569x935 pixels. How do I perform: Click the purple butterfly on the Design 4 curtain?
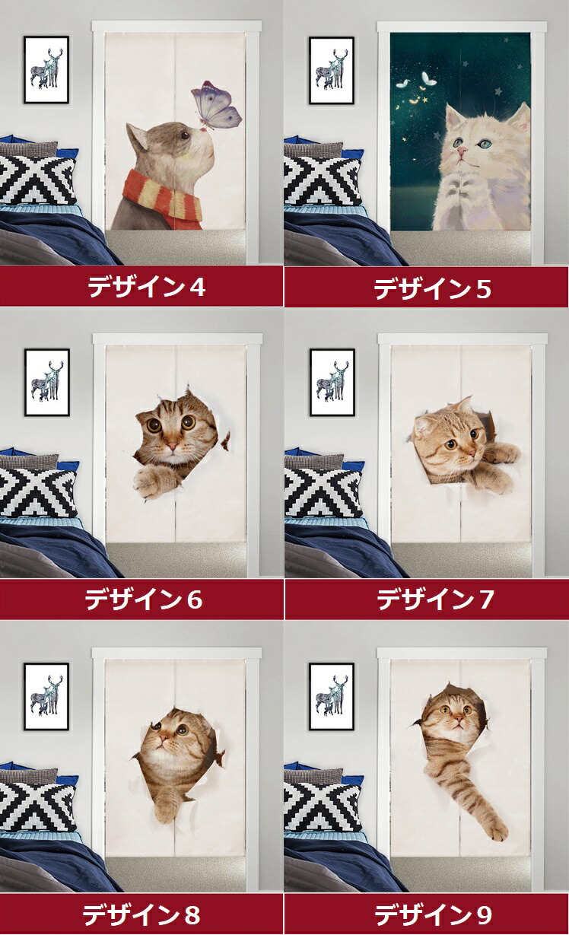click(217, 105)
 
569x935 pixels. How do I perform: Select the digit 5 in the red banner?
click(483, 289)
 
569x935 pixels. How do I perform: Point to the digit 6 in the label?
click(194, 599)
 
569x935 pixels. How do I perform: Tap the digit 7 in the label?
click(485, 599)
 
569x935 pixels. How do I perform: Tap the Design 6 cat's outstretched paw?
click(147, 483)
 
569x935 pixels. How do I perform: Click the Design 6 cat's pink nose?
click(172, 447)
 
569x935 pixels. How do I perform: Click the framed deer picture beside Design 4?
click(46, 70)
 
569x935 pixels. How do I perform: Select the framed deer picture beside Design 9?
click(332, 696)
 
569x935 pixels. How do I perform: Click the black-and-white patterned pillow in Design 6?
click(38, 492)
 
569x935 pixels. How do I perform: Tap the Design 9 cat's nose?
click(459, 719)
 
